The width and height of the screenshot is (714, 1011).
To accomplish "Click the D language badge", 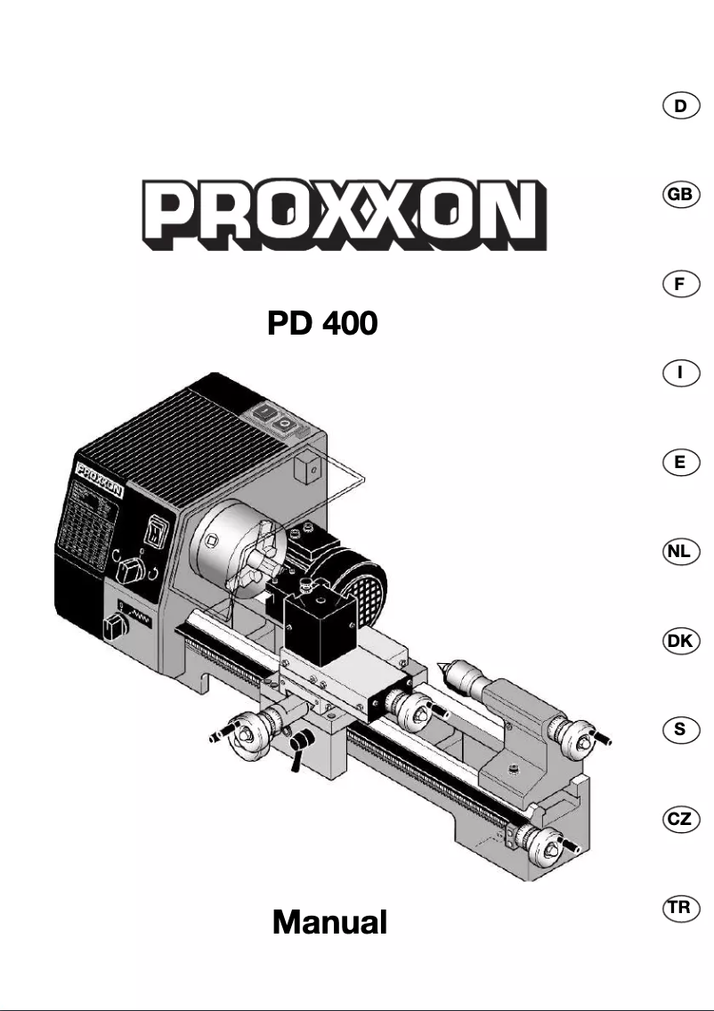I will [680, 106].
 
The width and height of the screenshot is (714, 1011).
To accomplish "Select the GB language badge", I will [680, 195].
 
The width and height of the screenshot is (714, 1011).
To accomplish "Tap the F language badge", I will [680, 284].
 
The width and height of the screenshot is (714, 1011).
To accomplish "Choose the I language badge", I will [680, 373].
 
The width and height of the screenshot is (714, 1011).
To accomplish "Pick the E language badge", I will [680, 462].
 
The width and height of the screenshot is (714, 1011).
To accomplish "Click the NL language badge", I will [680, 552].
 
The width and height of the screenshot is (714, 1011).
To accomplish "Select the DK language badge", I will [680, 641].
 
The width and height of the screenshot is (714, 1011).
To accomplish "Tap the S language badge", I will [680, 730].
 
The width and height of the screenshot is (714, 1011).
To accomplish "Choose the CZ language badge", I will [680, 819].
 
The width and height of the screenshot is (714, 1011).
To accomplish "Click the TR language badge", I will [680, 908].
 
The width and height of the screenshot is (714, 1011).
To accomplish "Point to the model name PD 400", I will [322, 324].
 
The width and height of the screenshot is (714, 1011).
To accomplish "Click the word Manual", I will [329, 922].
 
